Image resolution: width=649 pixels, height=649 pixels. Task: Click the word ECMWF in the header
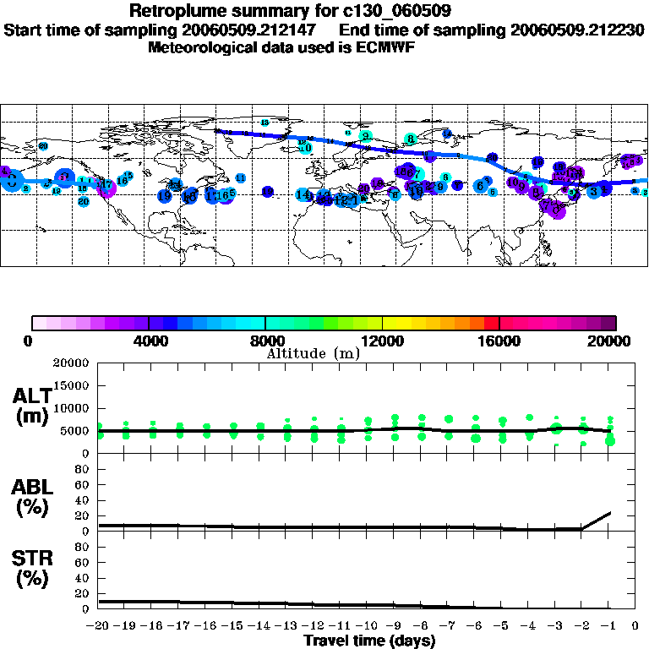pos(387,47)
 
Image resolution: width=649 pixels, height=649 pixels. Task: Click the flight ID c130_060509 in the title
pos(385,12)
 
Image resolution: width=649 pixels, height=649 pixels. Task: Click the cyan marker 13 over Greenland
pos(265,123)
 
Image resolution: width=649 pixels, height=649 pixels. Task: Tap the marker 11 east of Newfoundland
pos(241,178)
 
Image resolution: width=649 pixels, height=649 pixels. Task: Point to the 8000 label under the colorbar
pos(265,341)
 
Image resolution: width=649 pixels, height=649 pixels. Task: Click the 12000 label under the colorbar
pos(382,341)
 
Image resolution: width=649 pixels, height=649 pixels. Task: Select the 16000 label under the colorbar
pos(499,341)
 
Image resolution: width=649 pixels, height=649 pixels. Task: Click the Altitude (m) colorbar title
pos(313,353)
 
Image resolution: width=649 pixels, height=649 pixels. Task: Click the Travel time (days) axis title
pos(369,641)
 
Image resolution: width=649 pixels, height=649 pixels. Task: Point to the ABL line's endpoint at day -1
pos(610,512)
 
